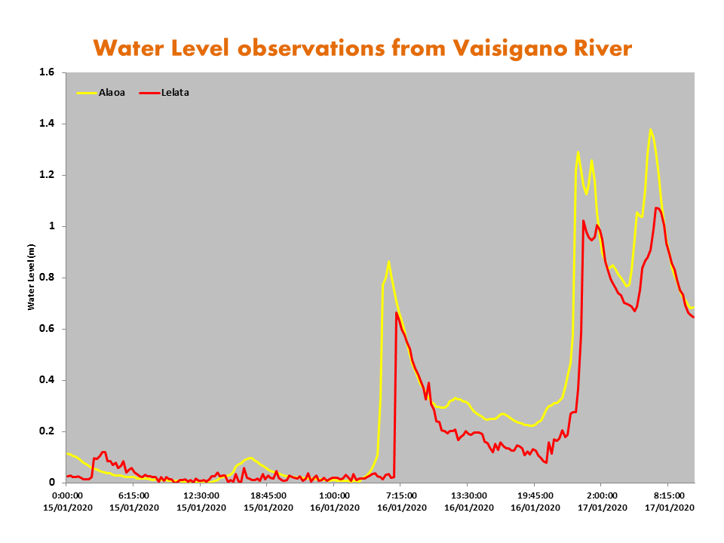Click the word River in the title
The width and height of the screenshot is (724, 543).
tap(603, 48)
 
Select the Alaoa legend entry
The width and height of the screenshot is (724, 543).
tap(111, 93)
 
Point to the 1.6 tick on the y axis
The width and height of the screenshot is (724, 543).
tap(48, 72)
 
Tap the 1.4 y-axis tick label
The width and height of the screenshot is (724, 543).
tap(48, 124)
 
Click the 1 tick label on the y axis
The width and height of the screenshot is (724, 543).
tap(52, 226)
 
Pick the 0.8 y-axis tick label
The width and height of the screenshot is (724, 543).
tap(48, 278)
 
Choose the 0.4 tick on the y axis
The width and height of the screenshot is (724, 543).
tap(48, 380)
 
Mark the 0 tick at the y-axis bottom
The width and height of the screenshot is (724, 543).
tap(52, 483)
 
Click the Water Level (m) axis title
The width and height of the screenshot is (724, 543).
tap(32, 278)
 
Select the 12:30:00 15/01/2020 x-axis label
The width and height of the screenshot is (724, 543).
tap(201, 501)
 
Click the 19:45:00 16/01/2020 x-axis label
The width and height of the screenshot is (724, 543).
tap(534, 501)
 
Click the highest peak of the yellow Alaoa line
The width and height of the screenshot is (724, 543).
tap(650, 130)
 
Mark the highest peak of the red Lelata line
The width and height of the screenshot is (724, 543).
tap(657, 207)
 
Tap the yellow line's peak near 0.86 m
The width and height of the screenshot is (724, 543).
tap(388, 262)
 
